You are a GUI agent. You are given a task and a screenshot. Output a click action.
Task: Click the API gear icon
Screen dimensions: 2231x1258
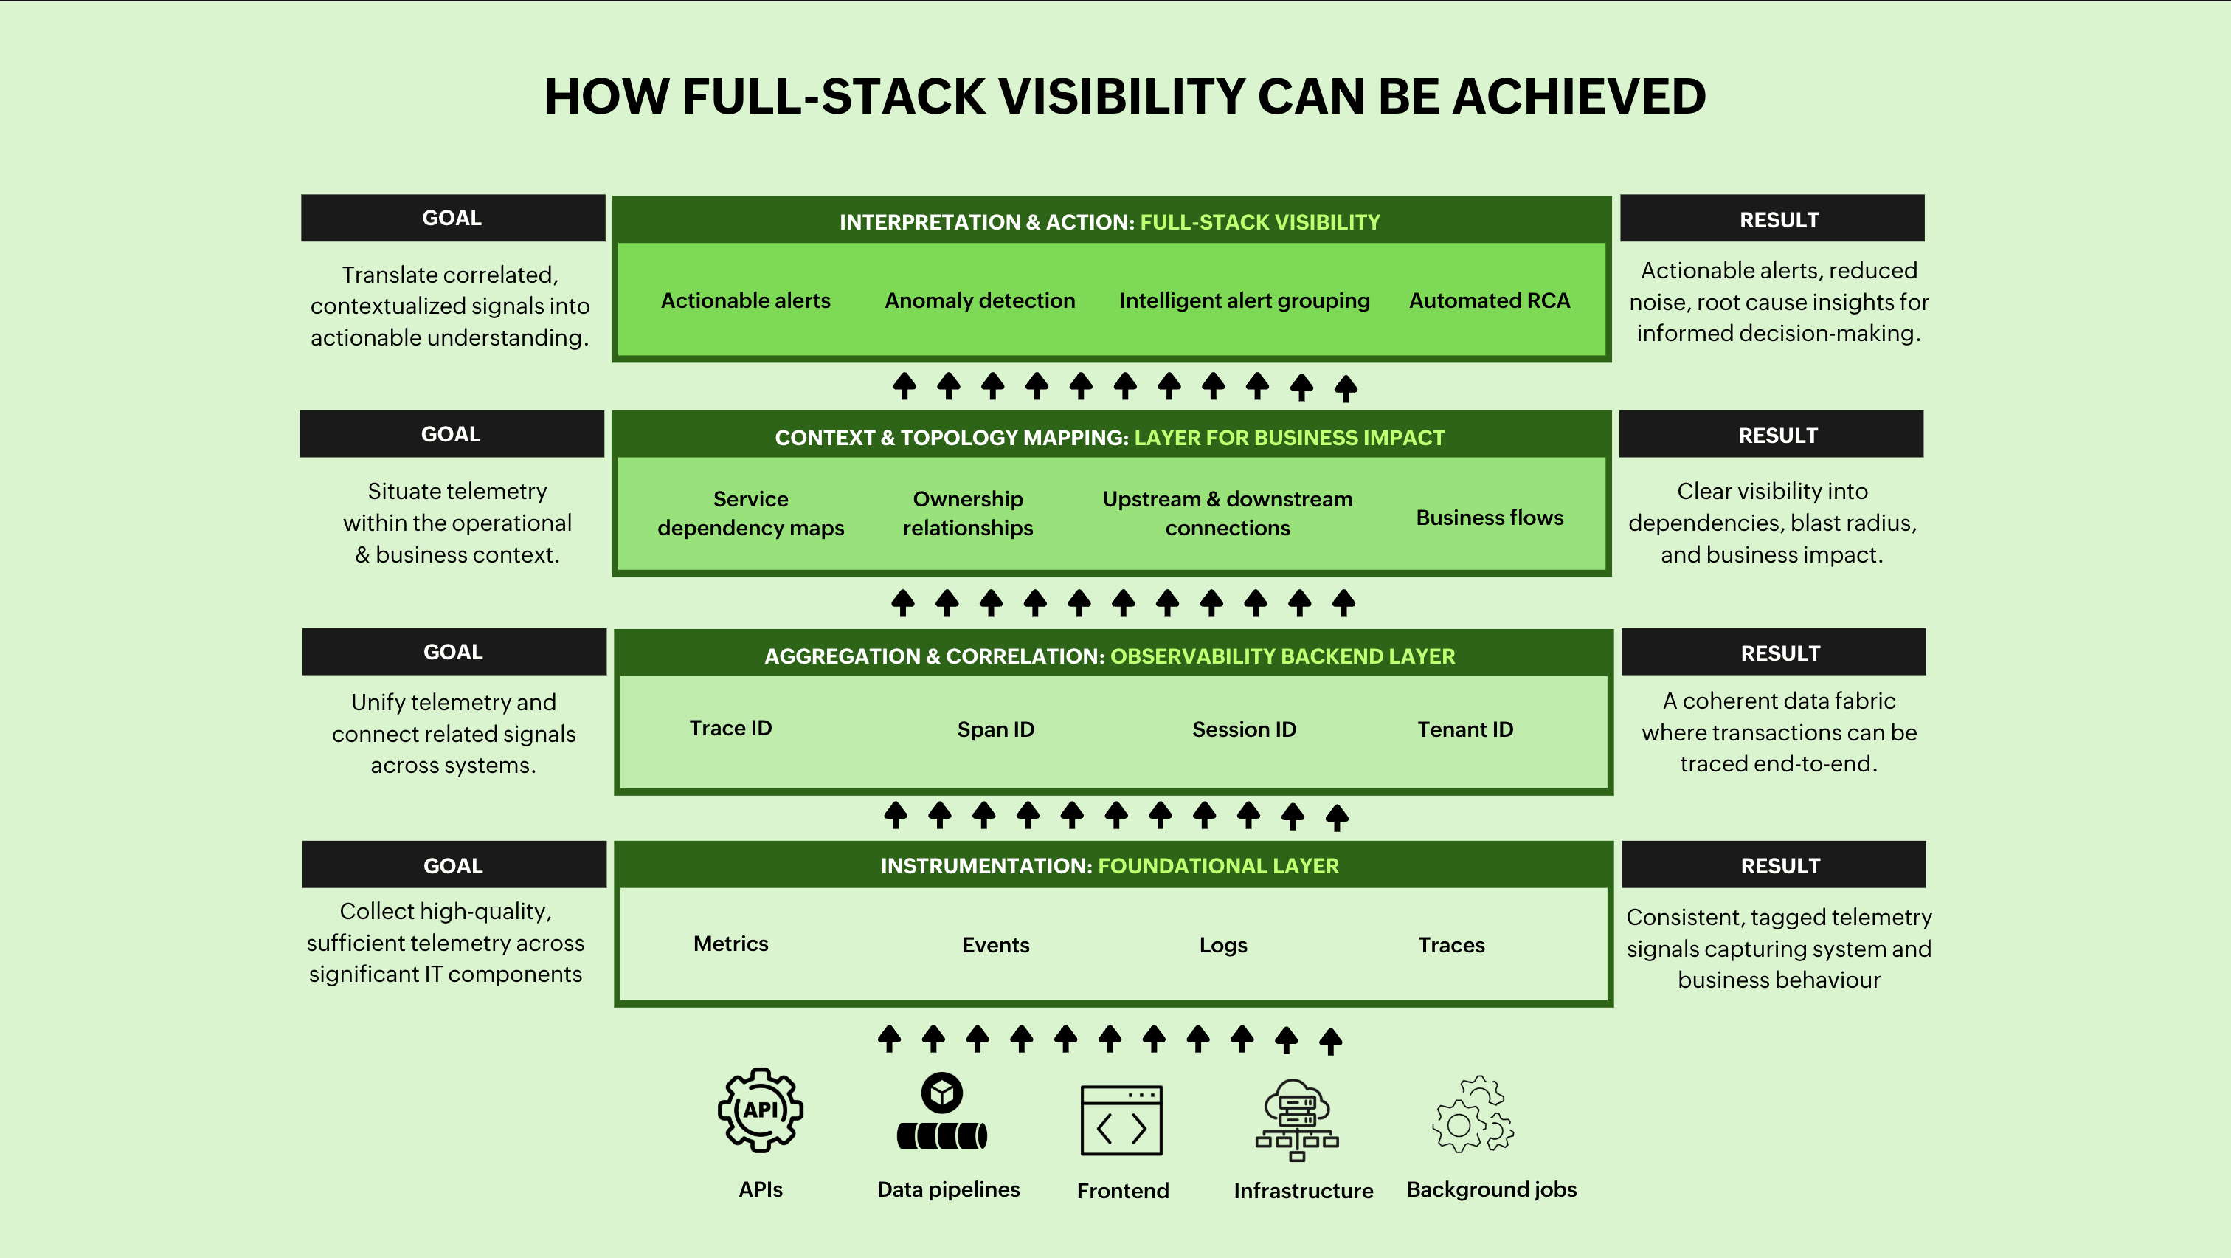(x=761, y=1110)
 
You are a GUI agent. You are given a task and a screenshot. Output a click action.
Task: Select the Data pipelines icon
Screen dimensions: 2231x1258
(x=942, y=1112)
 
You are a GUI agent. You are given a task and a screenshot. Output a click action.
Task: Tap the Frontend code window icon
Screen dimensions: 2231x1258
(x=1121, y=1120)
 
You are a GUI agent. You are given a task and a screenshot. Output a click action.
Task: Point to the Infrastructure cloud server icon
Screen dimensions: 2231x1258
(x=1298, y=1119)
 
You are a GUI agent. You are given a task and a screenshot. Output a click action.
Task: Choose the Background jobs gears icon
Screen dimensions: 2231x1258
(x=1473, y=1114)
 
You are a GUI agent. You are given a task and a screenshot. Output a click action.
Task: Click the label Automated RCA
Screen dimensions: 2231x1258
(x=1490, y=300)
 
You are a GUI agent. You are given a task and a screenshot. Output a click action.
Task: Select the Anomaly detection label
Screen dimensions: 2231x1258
(x=980, y=300)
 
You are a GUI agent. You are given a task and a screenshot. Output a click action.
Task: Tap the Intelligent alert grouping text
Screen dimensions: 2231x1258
(x=1245, y=300)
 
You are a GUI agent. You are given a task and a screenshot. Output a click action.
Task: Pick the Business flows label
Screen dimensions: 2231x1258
(x=1490, y=518)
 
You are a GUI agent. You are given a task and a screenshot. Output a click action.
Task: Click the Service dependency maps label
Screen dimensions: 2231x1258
(x=751, y=513)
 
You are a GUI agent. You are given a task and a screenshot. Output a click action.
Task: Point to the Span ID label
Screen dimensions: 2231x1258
(x=996, y=729)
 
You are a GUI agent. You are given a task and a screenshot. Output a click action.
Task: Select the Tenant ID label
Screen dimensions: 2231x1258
(x=1465, y=729)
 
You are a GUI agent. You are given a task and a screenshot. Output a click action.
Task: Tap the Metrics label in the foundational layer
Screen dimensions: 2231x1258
(x=731, y=944)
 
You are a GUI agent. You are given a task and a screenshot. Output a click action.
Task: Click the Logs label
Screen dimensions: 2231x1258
(x=1223, y=945)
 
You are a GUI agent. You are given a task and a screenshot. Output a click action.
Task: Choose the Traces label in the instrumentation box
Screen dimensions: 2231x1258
(x=1451, y=945)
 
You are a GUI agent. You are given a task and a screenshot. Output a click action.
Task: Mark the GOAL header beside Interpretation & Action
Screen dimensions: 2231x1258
(x=452, y=218)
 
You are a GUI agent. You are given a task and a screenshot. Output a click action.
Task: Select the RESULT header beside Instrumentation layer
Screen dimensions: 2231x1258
(x=1781, y=865)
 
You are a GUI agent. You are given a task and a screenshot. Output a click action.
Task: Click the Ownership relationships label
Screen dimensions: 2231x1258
(x=968, y=513)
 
